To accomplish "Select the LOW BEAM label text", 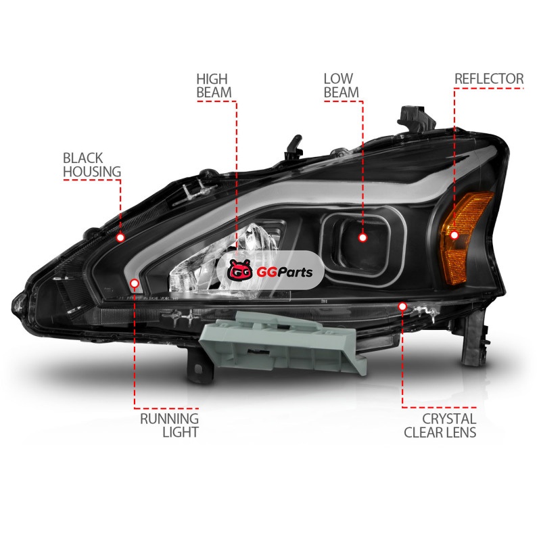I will tap(342, 85).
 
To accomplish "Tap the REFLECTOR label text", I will tap(488, 79).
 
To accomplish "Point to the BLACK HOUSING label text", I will tap(92, 164).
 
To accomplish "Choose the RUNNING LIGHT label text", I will tap(169, 425).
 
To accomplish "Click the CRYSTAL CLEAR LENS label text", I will tap(440, 425).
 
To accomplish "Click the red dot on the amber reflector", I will tap(454, 235).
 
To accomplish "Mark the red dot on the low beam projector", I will tap(362, 237).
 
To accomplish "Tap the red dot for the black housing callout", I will tap(120, 237).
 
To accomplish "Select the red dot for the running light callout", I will tap(134, 283).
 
